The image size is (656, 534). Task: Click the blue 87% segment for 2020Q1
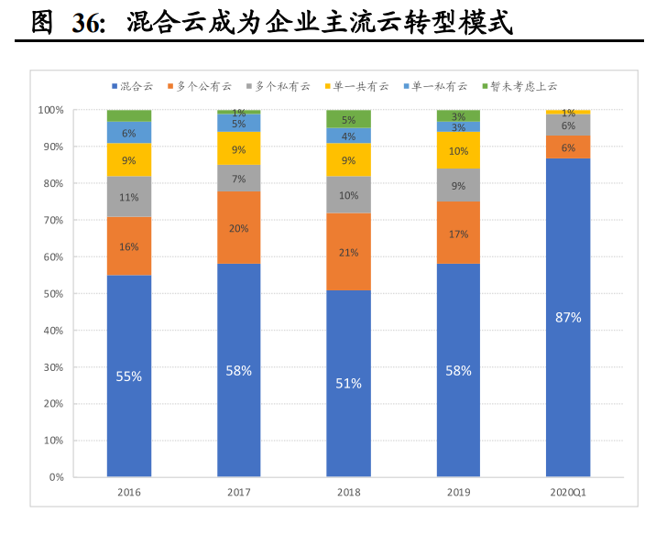(568, 317)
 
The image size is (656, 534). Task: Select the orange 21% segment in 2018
(348, 252)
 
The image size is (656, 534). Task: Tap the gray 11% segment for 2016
(128, 197)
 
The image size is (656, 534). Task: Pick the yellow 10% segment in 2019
(458, 151)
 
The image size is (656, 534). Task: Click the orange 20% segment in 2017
(238, 228)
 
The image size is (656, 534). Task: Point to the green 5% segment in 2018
(348, 119)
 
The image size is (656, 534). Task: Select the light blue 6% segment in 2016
(128, 133)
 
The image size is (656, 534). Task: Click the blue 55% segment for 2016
(128, 376)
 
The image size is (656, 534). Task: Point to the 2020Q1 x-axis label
(568, 493)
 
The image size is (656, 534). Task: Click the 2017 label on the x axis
(238, 493)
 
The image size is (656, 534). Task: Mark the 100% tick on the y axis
(50, 110)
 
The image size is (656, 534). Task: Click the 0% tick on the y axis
(56, 477)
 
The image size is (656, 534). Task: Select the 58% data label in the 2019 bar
(458, 371)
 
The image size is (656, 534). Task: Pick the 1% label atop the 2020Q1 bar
(568, 113)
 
